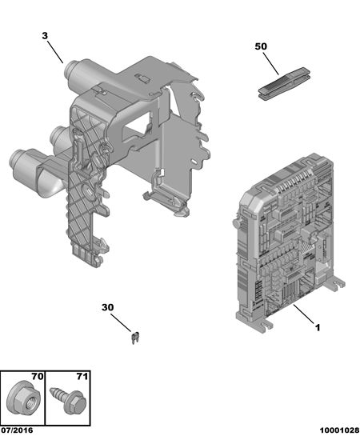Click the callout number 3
[45, 36]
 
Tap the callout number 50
[261, 46]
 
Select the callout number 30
[107, 307]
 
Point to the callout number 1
[318, 327]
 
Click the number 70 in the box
[38, 377]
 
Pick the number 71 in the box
[82, 377]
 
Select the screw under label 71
[67, 399]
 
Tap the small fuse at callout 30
[135, 338]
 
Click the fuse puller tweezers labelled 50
[284, 82]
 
